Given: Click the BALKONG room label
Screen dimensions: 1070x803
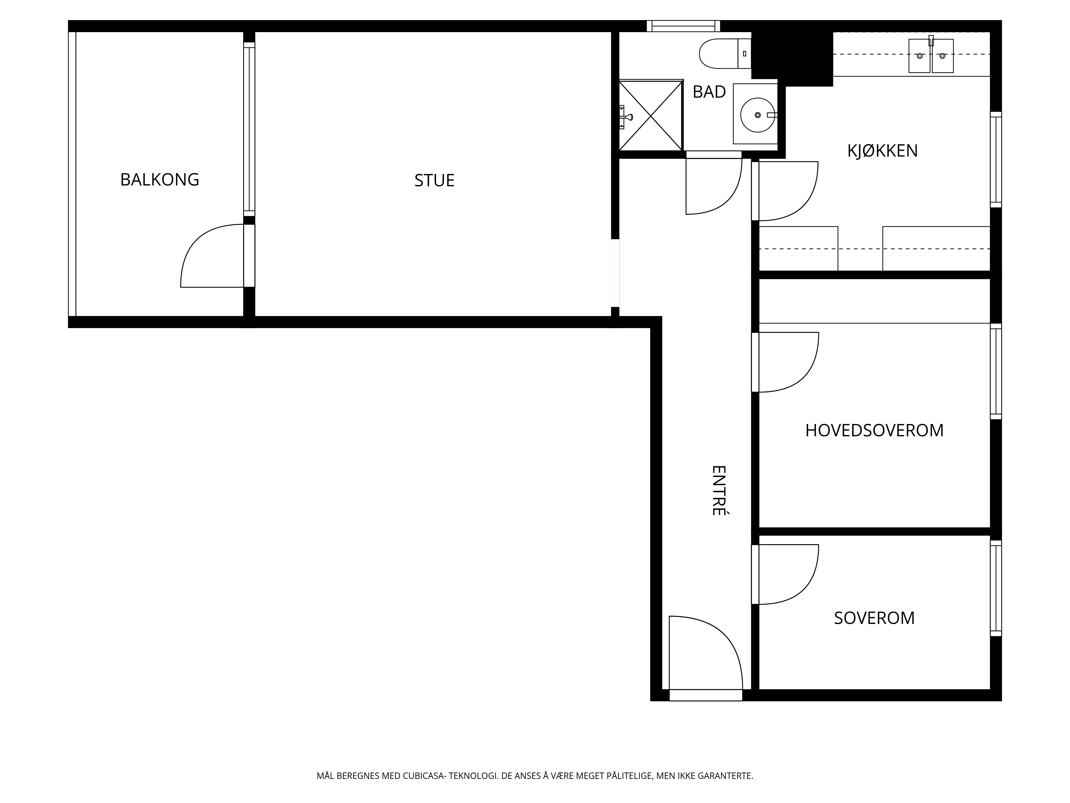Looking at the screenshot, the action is tap(160, 180).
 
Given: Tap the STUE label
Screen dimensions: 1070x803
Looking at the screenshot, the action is tap(434, 181).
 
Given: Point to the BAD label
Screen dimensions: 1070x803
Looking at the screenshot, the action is tap(709, 92).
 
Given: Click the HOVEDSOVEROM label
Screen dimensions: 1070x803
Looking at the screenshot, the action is tap(874, 430).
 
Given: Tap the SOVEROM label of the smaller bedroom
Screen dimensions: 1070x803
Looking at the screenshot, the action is tap(874, 618).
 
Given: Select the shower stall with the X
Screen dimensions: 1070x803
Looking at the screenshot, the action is tap(651, 115).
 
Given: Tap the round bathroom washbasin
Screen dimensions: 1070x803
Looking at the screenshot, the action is tap(758, 115).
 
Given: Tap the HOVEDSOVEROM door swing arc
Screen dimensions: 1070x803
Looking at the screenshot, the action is tap(801, 374).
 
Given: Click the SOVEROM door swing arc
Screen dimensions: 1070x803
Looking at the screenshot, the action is tap(801, 587).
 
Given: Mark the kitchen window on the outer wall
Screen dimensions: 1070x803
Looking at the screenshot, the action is tap(996, 160).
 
